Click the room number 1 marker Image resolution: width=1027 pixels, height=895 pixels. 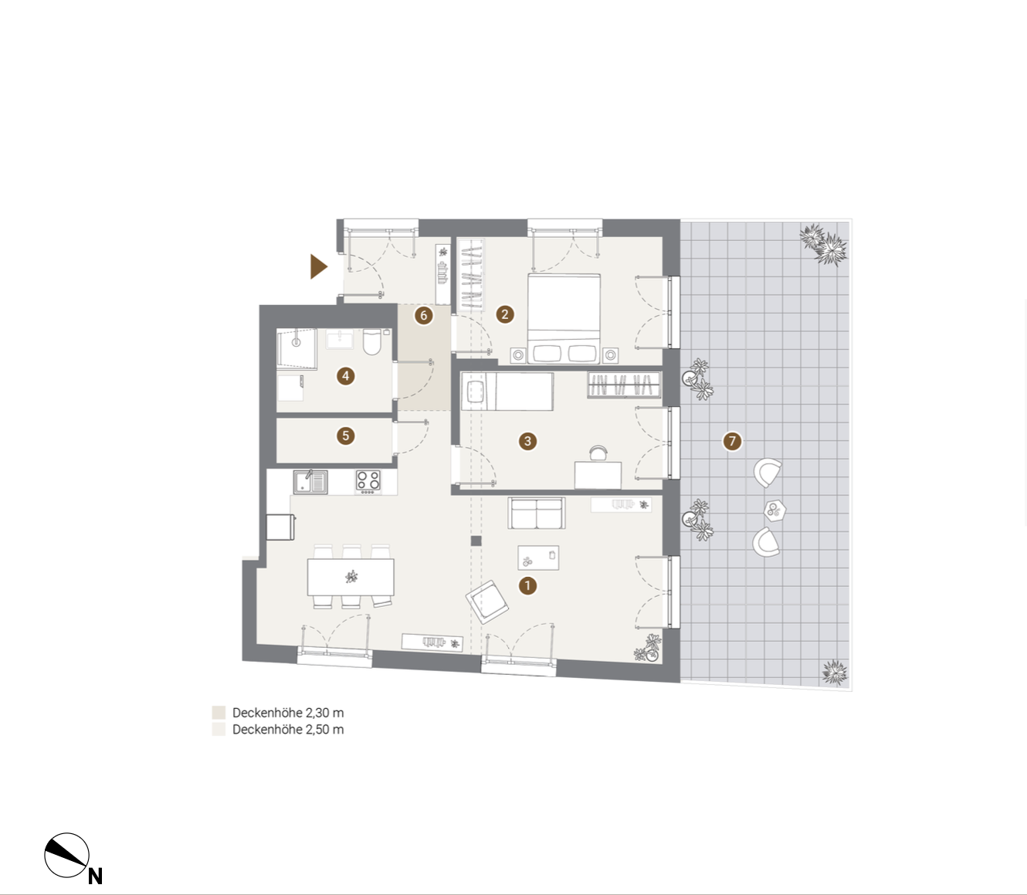coord(527,585)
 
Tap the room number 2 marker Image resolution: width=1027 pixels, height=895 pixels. coord(504,314)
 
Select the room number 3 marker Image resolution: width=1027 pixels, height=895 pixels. coord(527,441)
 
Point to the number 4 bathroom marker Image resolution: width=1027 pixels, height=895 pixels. coord(345,376)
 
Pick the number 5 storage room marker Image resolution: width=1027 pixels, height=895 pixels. coord(345,436)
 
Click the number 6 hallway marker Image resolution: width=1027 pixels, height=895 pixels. coord(424,315)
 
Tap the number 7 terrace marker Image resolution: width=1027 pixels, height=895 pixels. coord(732,441)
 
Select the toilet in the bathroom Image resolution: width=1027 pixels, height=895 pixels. coord(372,342)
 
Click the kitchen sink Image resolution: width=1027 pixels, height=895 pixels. coord(310,482)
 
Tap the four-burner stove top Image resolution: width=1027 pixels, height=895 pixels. coord(368,480)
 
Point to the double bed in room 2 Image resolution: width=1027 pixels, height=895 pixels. coord(564,318)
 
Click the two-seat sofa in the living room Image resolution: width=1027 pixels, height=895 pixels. coord(536,513)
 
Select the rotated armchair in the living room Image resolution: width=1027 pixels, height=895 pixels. coord(486,602)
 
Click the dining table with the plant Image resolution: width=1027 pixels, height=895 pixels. coord(351,577)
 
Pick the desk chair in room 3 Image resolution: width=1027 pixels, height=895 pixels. coord(598,453)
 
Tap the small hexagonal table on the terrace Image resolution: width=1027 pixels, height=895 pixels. coord(774,511)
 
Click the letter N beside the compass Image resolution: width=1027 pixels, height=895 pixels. coord(96,876)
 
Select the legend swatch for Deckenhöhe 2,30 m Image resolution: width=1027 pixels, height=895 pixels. coord(219,713)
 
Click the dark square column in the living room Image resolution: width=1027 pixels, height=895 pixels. coord(476,541)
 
